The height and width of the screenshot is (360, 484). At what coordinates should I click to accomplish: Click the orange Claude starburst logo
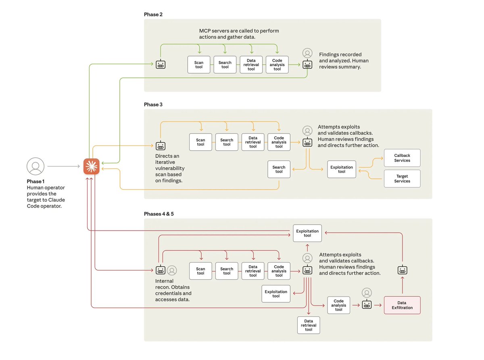point(92,166)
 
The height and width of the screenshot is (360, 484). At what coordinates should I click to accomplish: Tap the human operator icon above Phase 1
point(35,166)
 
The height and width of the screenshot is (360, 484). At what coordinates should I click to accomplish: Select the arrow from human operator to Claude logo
point(63,166)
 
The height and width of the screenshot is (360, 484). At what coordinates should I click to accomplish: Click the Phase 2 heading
point(153,15)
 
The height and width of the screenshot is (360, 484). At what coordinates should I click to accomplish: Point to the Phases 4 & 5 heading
point(159,214)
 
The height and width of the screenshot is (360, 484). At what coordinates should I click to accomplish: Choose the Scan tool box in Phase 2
point(199,65)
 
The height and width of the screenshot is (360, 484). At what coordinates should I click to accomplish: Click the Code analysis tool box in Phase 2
point(277,65)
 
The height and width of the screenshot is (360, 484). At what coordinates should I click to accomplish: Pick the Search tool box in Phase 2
point(225,65)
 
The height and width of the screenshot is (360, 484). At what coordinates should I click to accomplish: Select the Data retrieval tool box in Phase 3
point(253,142)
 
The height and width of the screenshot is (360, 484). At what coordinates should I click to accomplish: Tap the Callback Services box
point(402,158)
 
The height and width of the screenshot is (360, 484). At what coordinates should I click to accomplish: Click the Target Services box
point(402,179)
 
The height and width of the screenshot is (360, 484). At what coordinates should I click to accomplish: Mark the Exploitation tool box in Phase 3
point(342,169)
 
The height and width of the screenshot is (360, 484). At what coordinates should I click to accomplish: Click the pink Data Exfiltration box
point(402,305)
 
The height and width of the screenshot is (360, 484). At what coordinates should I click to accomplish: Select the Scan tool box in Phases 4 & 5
point(200,271)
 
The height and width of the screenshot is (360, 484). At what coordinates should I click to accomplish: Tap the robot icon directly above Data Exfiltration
point(402,270)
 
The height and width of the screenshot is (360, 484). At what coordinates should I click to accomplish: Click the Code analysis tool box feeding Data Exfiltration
point(339,305)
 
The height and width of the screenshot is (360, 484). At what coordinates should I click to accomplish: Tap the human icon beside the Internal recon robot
point(172,270)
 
